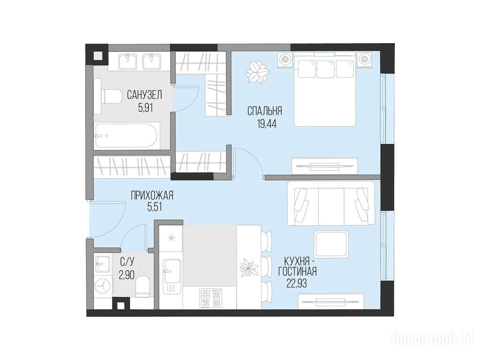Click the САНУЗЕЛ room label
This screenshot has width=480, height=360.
click(x=144, y=95)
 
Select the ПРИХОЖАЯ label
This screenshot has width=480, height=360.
click(x=152, y=195)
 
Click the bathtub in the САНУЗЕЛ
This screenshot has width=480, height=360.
click(x=126, y=135)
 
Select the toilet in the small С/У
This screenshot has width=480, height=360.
click(x=142, y=286)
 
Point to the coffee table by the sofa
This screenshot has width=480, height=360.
click(x=331, y=244)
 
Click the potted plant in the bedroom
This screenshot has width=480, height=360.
click(x=258, y=72)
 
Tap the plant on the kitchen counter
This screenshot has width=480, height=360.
click(x=248, y=267)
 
